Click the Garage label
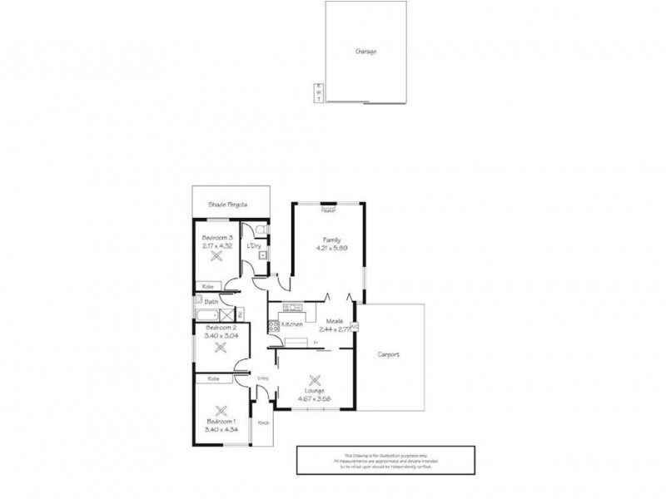[367, 51]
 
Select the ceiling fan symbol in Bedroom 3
[216, 258]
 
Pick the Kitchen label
[291, 323]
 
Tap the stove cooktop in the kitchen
[272, 323]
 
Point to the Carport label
[388, 354]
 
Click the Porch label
[263, 423]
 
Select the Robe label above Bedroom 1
[213, 378]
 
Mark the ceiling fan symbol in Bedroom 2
[221, 347]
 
